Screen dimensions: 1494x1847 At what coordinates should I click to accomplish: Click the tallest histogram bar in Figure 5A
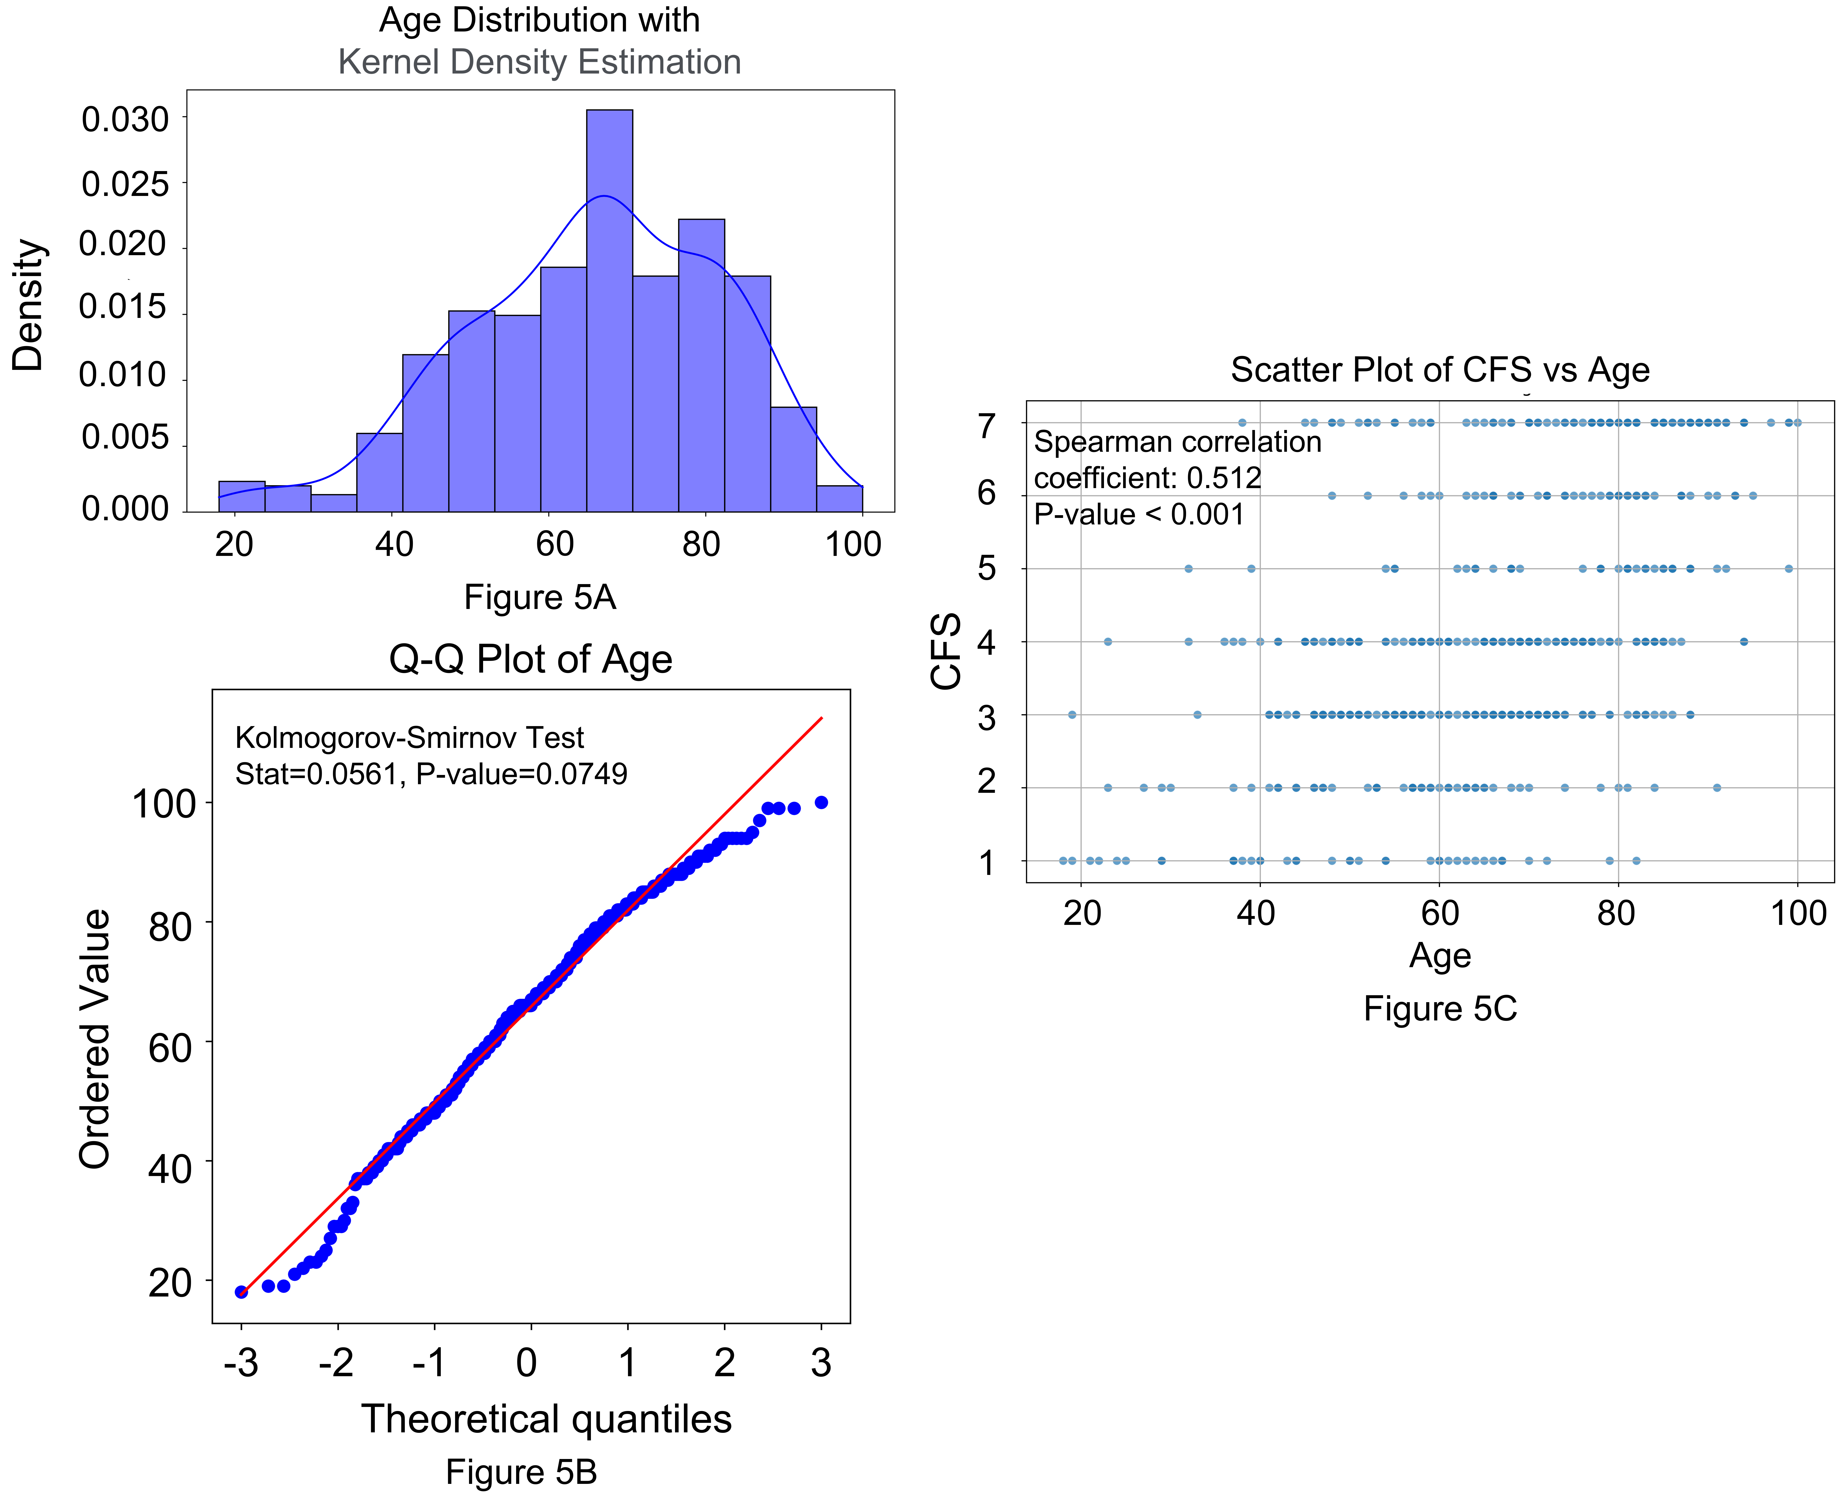pyautogui.click(x=609, y=310)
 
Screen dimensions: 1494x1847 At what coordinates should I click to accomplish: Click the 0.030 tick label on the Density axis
pyautogui.click(x=126, y=120)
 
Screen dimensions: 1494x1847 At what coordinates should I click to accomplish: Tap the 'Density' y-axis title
pyautogui.click(x=28, y=306)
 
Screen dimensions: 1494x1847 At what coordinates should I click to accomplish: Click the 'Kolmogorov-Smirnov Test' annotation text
pyautogui.click(x=410, y=738)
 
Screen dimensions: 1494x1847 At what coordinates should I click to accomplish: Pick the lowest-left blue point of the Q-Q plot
pyautogui.click(x=242, y=1292)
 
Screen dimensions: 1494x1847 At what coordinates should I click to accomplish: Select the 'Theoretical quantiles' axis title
pyautogui.click(x=546, y=1419)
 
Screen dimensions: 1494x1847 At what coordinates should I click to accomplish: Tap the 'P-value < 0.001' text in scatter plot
pyautogui.click(x=1139, y=515)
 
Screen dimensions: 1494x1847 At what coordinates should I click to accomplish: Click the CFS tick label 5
pyautogui.click(x=987, y=569)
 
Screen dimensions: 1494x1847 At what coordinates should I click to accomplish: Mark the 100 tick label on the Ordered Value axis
pyautogui.click(x=164, y=805)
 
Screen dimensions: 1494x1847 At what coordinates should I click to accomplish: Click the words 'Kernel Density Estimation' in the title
pyautogui.click(x=539, y=62)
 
